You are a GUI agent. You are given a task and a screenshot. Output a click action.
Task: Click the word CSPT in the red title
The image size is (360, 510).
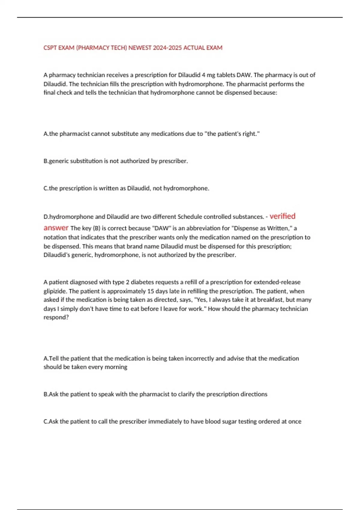[50, 48]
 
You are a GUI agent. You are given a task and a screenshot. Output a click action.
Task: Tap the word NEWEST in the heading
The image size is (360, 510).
[140, 48]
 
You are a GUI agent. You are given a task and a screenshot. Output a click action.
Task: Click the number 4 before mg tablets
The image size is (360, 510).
[203, 75]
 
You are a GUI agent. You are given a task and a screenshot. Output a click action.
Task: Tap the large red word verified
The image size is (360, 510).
[282, 216]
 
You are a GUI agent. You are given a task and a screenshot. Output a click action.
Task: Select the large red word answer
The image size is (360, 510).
[56, 228]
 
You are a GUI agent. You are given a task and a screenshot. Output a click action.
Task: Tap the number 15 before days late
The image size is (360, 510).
[151, 291]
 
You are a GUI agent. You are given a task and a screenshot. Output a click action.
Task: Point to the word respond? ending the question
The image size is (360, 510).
[56, 317]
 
